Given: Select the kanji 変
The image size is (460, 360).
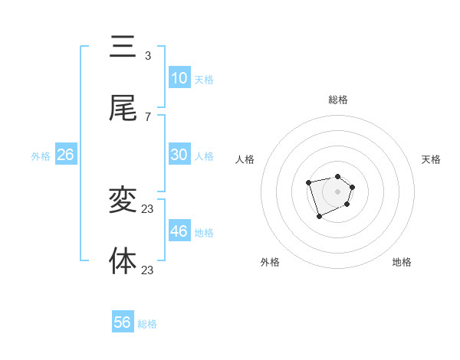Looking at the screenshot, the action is coord(123,201).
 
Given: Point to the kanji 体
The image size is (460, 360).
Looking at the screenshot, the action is coord(123,260).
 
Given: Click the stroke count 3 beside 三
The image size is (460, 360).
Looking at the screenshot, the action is coord(148,56).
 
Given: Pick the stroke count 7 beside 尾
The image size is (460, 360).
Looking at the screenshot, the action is coord(148,116).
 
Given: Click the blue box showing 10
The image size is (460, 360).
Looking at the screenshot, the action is coord(179,78).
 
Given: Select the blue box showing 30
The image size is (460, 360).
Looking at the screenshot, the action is coord(179,155).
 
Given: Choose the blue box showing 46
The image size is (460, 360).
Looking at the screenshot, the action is coord(179,231).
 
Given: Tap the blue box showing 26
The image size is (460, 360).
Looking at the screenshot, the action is coord(66,155).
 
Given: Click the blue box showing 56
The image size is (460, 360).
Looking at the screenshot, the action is coord(123,322).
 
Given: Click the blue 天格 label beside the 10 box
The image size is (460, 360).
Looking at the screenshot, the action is coord(204,80).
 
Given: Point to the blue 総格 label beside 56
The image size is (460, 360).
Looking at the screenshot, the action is coord(147,324).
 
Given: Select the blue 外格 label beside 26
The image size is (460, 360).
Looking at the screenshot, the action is coord(41,156).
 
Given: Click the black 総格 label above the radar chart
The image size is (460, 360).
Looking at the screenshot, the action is coord(338,100).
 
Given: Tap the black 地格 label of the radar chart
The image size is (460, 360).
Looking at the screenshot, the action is coord(402,262).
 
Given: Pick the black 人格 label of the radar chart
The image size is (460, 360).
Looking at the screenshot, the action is coord(245,159).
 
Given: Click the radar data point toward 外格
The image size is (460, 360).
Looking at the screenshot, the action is coord(320,217).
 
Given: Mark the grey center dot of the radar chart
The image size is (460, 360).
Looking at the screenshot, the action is coord(337,191).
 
